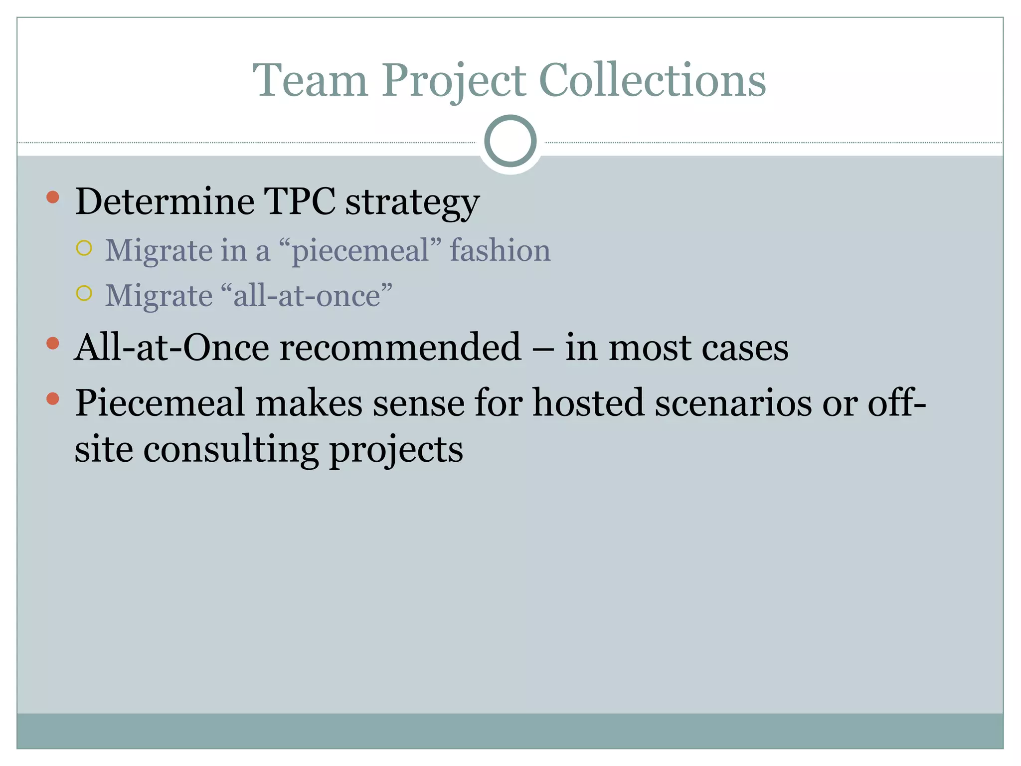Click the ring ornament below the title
point(510,141)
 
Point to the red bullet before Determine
point(53,197)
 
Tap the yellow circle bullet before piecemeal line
point(84,248)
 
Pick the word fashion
point(500,250)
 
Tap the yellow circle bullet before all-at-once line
point(84,293)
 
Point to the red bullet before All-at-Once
point(53,343)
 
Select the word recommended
point(400,347)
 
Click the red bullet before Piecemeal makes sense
point(53,398)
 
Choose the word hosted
point(588,403)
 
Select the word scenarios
point(733,403)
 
